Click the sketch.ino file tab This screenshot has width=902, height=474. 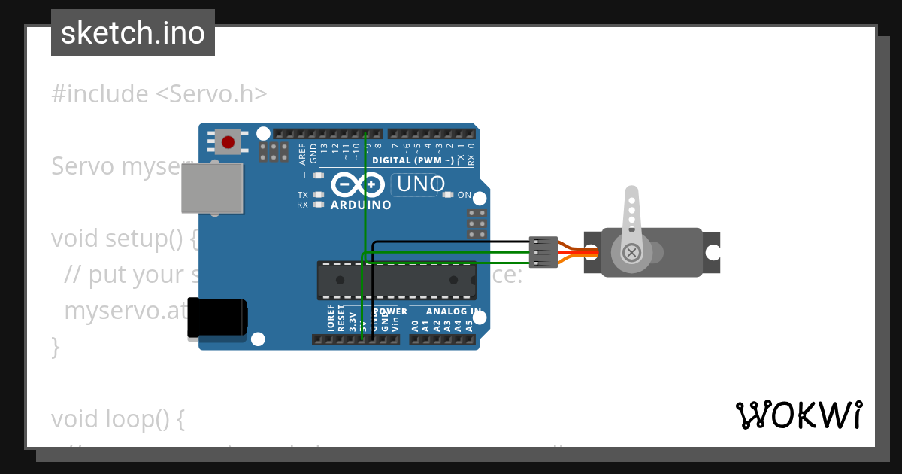[x=133, y=33]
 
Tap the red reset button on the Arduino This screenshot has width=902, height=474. [x=228, y=141]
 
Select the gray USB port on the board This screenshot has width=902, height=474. [x=212, y=188]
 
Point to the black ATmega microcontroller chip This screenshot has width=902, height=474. [x=396, y=280]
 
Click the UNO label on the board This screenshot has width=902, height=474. [x=420, y=184]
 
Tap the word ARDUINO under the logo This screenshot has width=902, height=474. [x=361, y=205]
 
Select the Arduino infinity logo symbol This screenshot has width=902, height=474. [x=358, y=184]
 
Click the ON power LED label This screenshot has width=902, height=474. [x=465, y=196]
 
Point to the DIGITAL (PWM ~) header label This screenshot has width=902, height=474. [x=413, y=160]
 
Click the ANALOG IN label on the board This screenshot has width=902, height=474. [x=453, y=311]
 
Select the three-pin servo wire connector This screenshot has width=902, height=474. [x=543, y=252]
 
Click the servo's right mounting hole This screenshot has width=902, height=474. [x=712, y=252]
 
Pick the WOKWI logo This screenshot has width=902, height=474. [x=798, y=415]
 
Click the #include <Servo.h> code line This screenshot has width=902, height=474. [x=159, y=94]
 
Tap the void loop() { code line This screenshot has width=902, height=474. [x=117, y=418]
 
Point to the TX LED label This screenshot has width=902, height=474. [x=302, y=195]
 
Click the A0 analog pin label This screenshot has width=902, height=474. [x=415, y=326]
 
